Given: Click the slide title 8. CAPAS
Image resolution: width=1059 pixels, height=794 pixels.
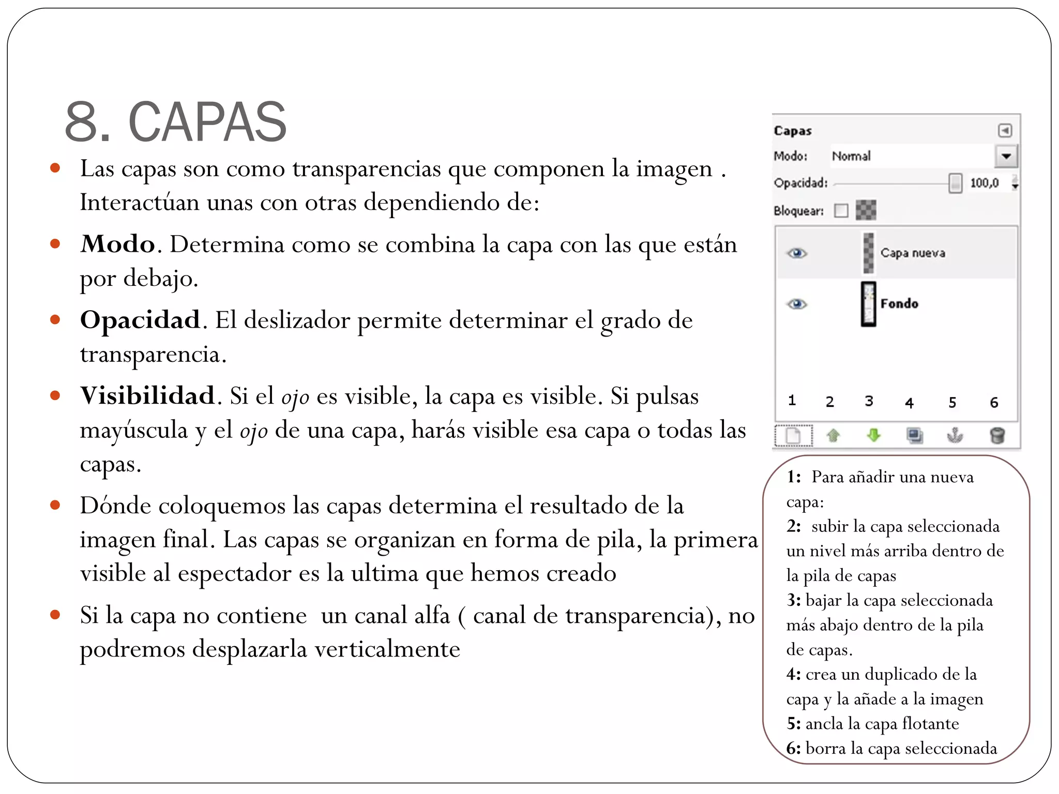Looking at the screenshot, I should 176,122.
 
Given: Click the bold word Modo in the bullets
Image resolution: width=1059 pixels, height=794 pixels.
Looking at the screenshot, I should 118,244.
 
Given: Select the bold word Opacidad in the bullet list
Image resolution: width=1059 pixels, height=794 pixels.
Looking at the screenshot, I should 140,320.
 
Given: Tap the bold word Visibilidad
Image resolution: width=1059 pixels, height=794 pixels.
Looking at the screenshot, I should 147,396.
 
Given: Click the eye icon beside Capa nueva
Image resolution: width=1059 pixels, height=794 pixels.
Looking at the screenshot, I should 797,253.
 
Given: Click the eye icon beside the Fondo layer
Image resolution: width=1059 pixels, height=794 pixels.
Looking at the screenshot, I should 797,304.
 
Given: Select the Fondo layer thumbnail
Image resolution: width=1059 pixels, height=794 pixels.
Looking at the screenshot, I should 869,304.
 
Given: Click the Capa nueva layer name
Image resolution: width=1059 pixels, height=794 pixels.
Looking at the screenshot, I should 913,253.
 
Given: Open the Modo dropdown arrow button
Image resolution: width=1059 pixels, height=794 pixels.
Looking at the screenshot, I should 1006,156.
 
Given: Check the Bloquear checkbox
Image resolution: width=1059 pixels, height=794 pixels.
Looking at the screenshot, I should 841,210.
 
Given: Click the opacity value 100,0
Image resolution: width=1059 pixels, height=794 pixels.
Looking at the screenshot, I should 984,183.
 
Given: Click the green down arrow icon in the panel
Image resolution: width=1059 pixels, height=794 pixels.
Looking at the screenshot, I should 874,435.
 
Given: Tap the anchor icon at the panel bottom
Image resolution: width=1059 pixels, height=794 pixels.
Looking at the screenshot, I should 955,435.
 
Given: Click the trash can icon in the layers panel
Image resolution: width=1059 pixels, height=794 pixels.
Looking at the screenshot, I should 997,435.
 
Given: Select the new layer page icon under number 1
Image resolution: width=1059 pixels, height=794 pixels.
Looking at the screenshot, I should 793,435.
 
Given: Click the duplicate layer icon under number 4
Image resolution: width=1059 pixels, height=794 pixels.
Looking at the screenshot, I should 914,435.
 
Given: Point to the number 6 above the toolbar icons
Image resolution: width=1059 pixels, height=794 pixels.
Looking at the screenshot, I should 994,403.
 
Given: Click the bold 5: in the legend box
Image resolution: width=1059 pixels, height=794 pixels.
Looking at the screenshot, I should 794,724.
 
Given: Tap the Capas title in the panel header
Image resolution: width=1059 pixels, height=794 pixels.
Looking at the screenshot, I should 793,131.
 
